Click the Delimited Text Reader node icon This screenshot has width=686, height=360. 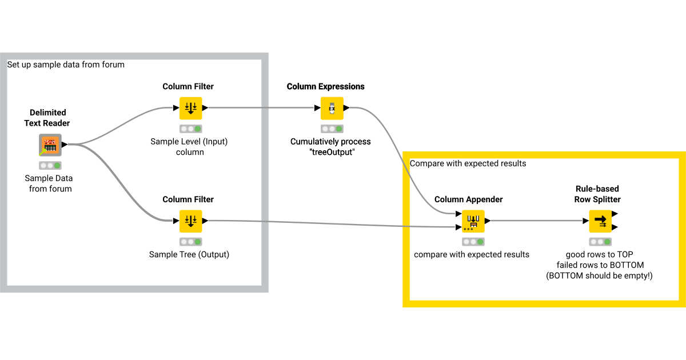pyautogui.click(x=50, y=145)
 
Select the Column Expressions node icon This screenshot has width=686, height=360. pyautogui.click(x=332, y=108)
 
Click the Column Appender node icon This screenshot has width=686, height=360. pyautogui.click(x=473, y=221)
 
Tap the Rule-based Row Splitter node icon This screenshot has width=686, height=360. pyautogui.click(x=600, y=221)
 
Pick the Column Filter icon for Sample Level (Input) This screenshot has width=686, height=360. pyautogui.click(x=190, y=108)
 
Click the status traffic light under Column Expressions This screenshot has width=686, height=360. pyautogui.click(x=332, y=129)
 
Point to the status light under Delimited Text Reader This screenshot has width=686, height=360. pyautogui.click(x=50, y=166)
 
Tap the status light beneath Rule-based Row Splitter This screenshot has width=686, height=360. pyautogui.click(x=600, y=242)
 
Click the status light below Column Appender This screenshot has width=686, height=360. pyautogui.click(x=473, y=242)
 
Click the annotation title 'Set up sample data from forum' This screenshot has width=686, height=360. pyautogui.click(x=66, y=65)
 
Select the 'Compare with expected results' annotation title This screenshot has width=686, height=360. pyautogui.click(x=468, y=163)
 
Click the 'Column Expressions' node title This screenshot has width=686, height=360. pyautogui.click(x=325, y=87)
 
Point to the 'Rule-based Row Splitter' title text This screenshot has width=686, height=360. pyautogui.click(x=597, y=194)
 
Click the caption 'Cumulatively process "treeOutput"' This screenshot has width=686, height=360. pyautogui.click(x=330, y=147)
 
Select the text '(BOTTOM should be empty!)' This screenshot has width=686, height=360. pyautogui.click(x=600, y=275)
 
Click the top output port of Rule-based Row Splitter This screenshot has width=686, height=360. pyautogui.click(x=615, y=214)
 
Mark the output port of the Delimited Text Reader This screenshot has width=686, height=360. pyautogui.click(x=65, y=145)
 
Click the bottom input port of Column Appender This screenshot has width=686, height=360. pyautogui.click(x=458, y=227)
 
